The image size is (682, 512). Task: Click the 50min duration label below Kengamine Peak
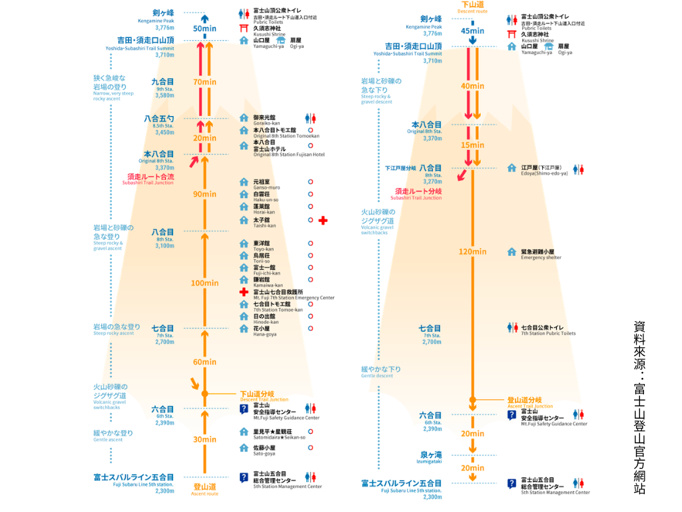tap(204, 29)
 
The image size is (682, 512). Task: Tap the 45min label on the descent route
tap(472, 31)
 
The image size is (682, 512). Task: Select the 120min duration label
tap(472, 251)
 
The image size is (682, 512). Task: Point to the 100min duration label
tap(204, 283)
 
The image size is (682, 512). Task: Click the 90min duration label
tap(204, 194)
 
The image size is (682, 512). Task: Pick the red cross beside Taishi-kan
tap(323, 221)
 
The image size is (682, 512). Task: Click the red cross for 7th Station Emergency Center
tap(244, 293)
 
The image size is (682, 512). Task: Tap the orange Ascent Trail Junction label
tap(530, 403)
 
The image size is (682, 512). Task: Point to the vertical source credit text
tap(639, 407)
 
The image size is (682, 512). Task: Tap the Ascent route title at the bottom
tap(204, 489)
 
